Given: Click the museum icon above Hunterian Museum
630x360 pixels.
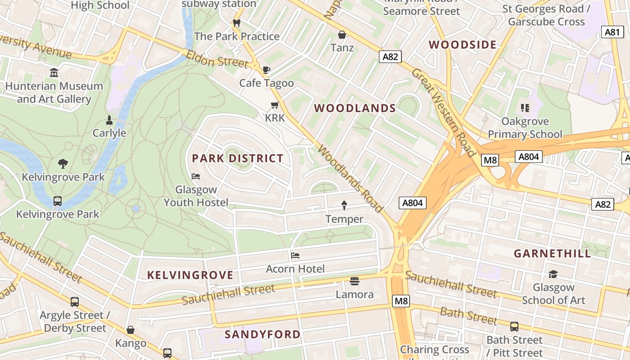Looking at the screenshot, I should click(x=54, y=72).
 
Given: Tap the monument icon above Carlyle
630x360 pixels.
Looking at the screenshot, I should click(x=109, y=120).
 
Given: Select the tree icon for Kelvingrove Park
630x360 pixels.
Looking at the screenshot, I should click(x=63, y=164).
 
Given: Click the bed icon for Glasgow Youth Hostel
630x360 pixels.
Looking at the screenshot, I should click(x=196, y=176).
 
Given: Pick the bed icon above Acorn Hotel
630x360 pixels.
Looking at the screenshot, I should click(x=295, y=256).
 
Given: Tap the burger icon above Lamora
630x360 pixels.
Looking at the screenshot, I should click(x=355, y=282).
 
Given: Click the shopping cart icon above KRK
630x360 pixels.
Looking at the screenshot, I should click(x=274, y=105).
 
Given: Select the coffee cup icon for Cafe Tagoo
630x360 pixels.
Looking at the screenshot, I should click(x=266, y=70).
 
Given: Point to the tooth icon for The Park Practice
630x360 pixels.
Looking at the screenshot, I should click(x=237, y=23).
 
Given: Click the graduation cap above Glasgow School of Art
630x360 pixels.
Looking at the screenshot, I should click(x=553, y=274).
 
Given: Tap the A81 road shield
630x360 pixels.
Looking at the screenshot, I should click(x=612, y=32).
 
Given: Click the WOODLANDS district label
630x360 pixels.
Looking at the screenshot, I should click(x=355, y=108).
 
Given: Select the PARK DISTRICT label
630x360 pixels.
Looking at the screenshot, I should click(x=238, y=158).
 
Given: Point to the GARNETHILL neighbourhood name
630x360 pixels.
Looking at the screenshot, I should click(x=553, y=253).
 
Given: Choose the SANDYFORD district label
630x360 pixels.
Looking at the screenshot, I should click(x=262, y=334).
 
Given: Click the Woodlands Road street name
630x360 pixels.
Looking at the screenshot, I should click(x=351, y=178).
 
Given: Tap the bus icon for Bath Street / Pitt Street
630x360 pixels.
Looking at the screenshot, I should click(x=514, y=327).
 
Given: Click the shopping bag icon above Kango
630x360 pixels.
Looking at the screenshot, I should click(x=130, y=330).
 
